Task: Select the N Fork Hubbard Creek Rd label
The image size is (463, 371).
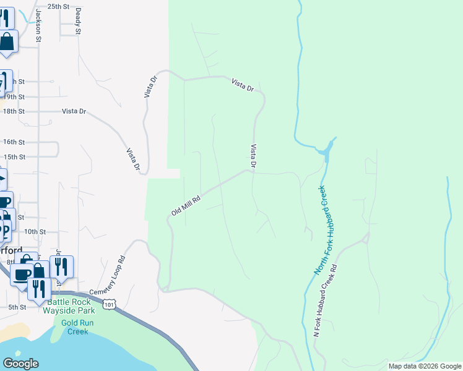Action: click(326, 301)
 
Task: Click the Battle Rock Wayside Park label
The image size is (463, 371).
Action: click(67, 305)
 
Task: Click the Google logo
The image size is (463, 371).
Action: click(20, 364)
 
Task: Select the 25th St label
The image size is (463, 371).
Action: click(58, 6)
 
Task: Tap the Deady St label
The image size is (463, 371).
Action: click(79, 22)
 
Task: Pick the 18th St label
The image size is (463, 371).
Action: click(14, 111)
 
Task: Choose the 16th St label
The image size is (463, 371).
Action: click(14, 142)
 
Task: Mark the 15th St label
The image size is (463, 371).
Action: click(14, 157)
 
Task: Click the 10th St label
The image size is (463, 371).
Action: click(35, 231)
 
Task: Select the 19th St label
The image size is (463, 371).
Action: click(14, 97)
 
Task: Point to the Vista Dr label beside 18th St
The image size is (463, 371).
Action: click(74, 111)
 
